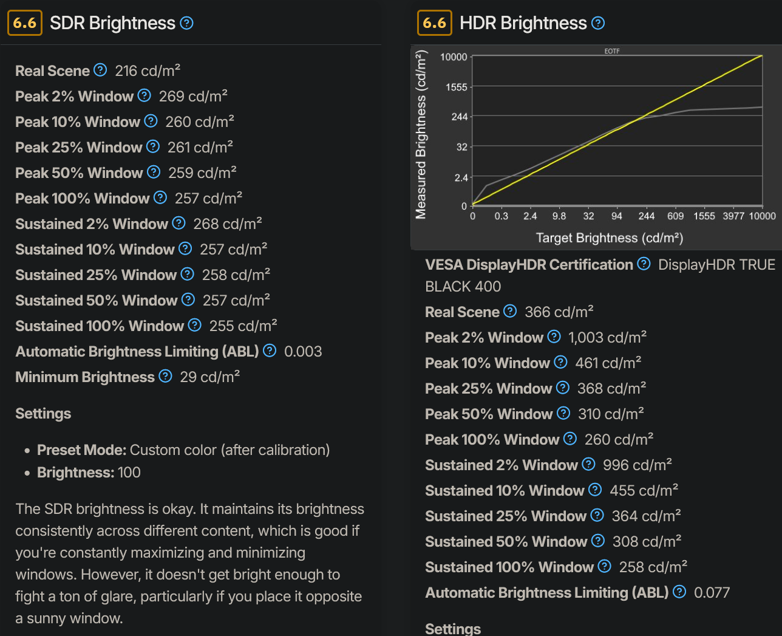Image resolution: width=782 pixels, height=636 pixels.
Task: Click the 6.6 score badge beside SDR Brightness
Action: click(x=24, y=23)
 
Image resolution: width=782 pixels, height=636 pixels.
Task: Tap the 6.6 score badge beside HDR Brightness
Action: click(x=434, y=23)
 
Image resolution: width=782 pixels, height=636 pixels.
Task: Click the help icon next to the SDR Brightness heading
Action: click(x=187, y=23)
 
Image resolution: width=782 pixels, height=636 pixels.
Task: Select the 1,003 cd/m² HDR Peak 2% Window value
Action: click(x=607, y=338)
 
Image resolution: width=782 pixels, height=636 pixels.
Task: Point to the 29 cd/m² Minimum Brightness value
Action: click(x=209, y=377)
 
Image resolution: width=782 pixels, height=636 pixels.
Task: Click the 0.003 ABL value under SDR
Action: click(x=303, y=352)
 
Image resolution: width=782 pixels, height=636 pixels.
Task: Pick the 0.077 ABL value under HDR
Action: click(x=712, y=593)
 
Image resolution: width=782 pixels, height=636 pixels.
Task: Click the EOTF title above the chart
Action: click(x=612, y=51)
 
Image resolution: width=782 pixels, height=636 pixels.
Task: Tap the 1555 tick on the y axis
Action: click(x=457, y=87)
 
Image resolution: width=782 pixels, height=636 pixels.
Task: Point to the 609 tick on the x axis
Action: click(x=675, y=216)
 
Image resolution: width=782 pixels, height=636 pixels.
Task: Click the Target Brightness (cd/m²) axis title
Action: click(x=610, y=238)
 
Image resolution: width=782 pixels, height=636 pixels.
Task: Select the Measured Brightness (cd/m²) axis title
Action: click(x=421, y=134)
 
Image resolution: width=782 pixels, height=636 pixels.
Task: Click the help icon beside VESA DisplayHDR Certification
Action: click(x=644, y=264)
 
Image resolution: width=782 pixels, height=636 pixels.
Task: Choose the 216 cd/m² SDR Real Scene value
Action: click(x=148, y=71)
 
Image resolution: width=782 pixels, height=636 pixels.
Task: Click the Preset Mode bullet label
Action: click(x=81, y=450)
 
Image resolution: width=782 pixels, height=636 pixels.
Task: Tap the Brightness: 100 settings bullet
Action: click(x=89, y=473)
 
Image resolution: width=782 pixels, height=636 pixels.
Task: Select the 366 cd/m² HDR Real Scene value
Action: click(x=559, y=312)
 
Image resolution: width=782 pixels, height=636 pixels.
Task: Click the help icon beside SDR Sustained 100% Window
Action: click(x=194, y=326)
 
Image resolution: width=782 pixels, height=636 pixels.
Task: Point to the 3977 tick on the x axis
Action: click(x=733, y=216)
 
